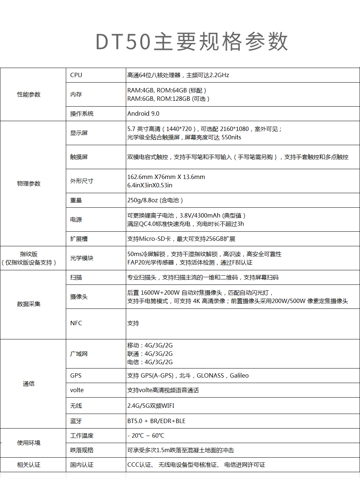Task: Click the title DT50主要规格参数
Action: click(x=192, y=41)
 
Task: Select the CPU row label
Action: click(x=76, y=75)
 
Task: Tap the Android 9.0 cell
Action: click(x=143, y=113)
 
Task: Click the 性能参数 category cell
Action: click(x=29, y=95)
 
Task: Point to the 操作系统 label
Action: click(x=82, y=113)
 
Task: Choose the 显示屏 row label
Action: click(x=79, y=133)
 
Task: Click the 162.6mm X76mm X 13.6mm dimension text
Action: click(x=166, y=177)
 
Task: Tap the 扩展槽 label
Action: click(x=79, y=239)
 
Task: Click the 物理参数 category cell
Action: click(x=29, y=184)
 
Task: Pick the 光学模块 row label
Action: click(x=82, y=258)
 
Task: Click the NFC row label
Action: click(x=76, y=323)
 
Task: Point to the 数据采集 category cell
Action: click(x=29, y=304)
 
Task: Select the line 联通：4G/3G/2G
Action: click(x=150, y=354)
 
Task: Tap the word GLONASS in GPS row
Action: click(x=210, y=375)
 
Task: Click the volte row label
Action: click(x=77, y=390)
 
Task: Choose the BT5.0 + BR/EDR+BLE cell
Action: click(x=156, y=421)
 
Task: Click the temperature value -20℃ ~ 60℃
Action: click(x=145, y=435)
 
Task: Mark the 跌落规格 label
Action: click(x=82, y=450)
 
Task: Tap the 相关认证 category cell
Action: click(x=29, y=465)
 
